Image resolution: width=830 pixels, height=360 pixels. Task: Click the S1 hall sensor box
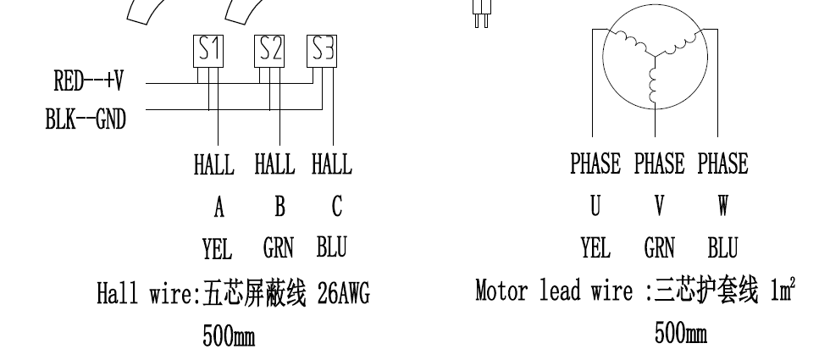210,51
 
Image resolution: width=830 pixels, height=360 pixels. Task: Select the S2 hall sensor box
270,51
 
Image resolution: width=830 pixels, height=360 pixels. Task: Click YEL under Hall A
217,249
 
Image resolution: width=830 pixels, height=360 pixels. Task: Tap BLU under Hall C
331,248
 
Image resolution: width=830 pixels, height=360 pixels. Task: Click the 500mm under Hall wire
228,336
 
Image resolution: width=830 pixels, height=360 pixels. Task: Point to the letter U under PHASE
595,207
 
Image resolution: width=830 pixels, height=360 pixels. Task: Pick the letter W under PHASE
722,207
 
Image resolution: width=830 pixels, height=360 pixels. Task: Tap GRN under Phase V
659,248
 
